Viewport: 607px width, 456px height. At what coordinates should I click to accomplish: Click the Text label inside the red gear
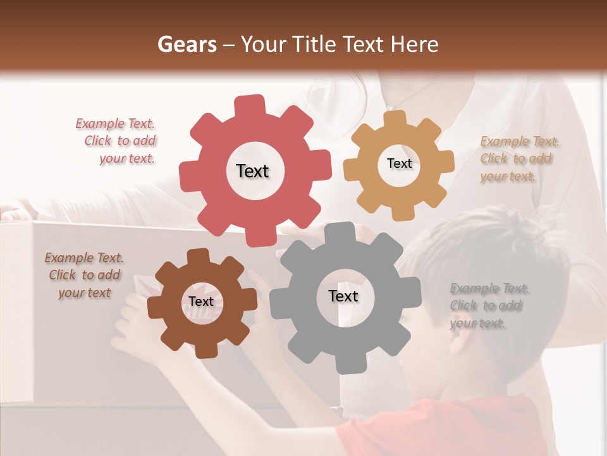[x=252, y=171]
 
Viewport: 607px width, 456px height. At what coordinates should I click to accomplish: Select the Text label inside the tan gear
[x=399, y=163]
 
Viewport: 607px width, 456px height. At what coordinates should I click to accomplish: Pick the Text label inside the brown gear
[x=201, y=301]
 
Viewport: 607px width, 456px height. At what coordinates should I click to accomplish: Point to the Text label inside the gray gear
[x=343, y=296]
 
